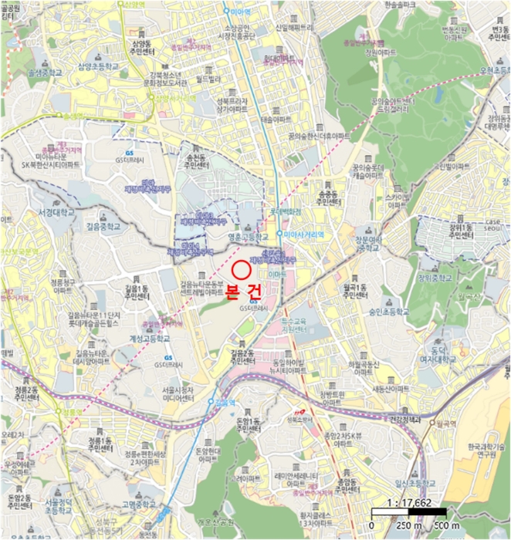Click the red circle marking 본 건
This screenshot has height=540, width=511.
pyautogui.click(x=241, y=270)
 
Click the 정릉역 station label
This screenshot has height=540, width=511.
pyautogui.click(x=70, y=412)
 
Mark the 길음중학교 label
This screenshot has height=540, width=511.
pyautogui.click(x=102, y=228)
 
